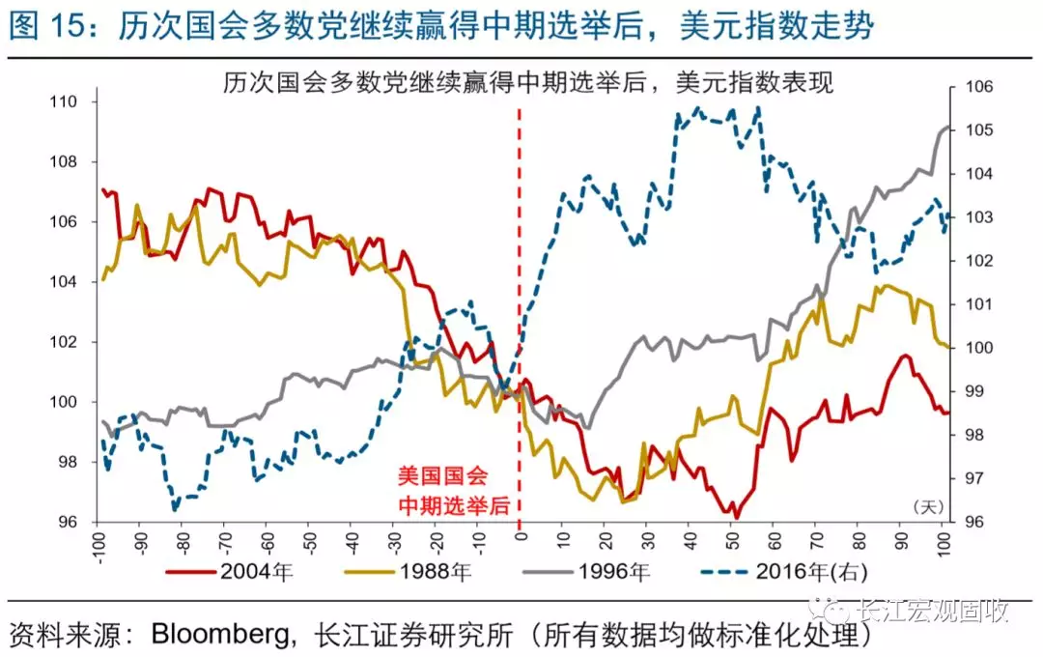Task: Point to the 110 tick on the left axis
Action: pyautogui.click(x=74, y=101)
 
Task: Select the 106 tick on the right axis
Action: pyautogui.click(x=967, y=87)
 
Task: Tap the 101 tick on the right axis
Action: pyautogui.click(x=967, y=304)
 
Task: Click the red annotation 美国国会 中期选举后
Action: pyautogui.click(x=445, y=491)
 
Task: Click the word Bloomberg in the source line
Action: pyautogui.click(x=223, y=636)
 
